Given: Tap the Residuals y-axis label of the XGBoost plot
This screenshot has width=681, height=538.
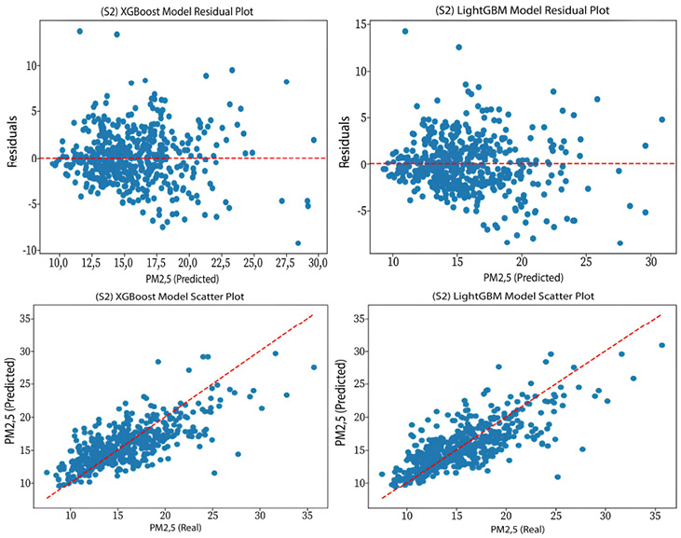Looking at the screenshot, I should [8, 141].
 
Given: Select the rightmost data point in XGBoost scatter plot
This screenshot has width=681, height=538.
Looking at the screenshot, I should [314, 367].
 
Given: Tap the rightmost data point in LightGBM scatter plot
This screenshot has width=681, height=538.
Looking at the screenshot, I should [661, 345].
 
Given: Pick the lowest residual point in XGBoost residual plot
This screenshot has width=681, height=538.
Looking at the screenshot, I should [298, 243].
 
